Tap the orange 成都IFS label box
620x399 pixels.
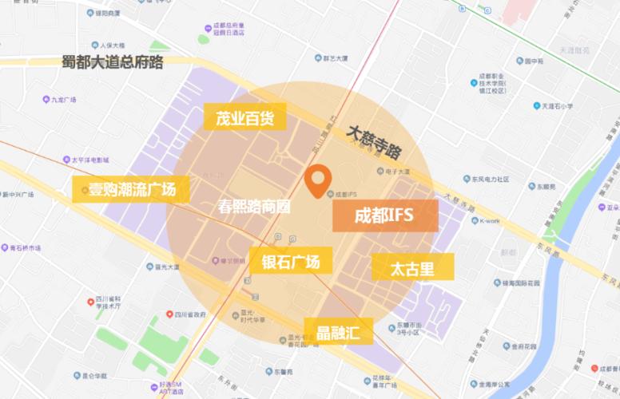click(x=384, y=215)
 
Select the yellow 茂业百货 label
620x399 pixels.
click(x=244, y=118)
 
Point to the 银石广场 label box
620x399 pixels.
click(x=290, y=261)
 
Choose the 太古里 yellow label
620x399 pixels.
click(x=412, y=267)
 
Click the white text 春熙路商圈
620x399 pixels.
click(x=254, y=206)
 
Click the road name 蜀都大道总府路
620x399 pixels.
click(x=113, y=61)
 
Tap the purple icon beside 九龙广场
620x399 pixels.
click(x=46, y=100)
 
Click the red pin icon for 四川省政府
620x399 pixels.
click(x=169, y=314)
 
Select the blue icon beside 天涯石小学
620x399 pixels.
click(x=537, y=105)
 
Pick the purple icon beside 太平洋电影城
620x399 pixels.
click(x=66, y=160)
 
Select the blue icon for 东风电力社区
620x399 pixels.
click(x=475, y=180)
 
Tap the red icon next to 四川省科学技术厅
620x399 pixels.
click(x=90, y=301)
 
